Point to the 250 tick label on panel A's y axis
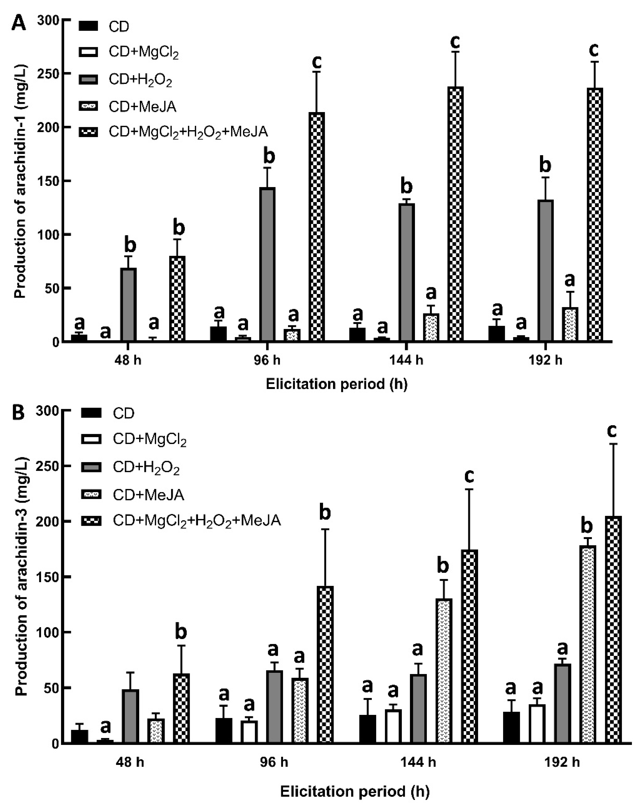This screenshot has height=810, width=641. pos(50,74)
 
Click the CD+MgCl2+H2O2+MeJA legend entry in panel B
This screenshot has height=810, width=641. pos(197,521)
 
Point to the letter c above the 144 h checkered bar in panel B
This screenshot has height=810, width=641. pos(469,477)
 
